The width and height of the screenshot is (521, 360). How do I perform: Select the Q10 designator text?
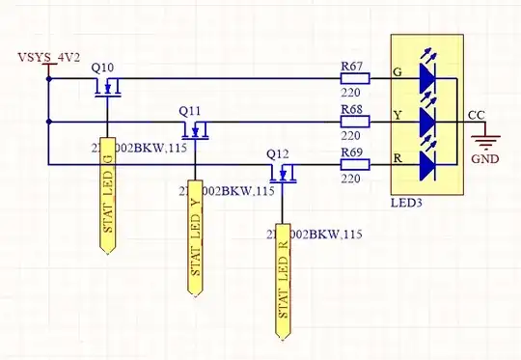102,68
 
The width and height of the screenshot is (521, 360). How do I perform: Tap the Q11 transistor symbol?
197,131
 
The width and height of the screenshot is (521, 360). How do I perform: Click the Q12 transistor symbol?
284,175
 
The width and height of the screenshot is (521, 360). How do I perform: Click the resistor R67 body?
354,78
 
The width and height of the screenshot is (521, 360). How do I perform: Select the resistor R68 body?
354,123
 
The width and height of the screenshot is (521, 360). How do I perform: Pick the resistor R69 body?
354,166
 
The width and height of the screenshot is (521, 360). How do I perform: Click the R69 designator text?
352,152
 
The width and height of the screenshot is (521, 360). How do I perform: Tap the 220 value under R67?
350,95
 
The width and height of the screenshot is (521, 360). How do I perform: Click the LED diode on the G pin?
426,77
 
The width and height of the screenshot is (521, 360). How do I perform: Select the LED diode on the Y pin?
426,122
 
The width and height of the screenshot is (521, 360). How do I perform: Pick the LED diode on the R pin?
426,166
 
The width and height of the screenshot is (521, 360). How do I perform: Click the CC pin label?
476,114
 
